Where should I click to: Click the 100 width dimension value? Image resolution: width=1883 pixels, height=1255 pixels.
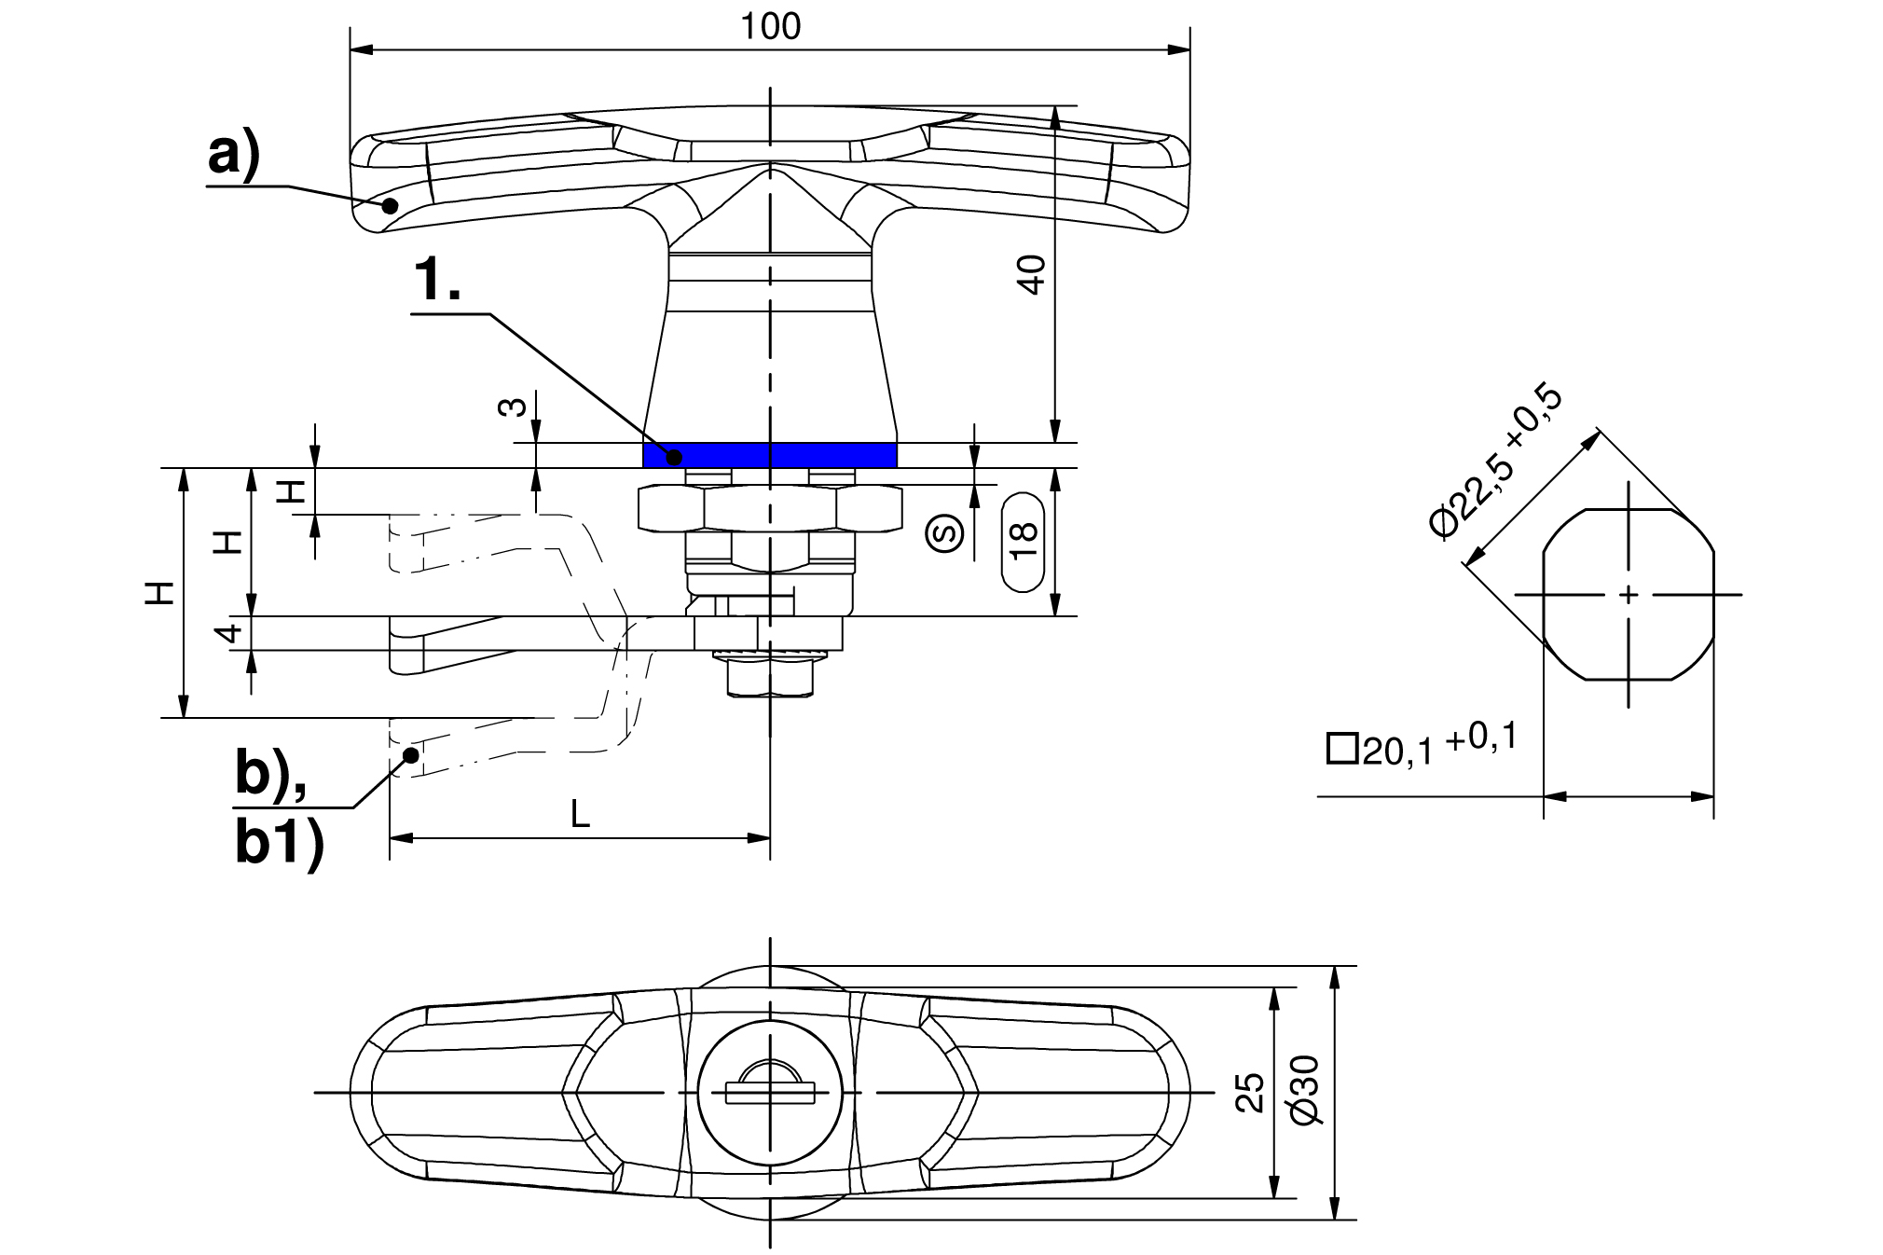[771, 27]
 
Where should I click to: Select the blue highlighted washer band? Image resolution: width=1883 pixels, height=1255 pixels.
[770, 455]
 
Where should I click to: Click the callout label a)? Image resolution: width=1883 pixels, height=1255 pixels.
[233, 155]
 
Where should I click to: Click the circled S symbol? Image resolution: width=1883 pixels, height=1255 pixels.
[945, 532]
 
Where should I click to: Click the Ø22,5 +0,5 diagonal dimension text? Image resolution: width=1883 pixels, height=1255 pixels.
[1495, 459]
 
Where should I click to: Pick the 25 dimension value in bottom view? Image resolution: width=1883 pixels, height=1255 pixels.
[1255, 1092]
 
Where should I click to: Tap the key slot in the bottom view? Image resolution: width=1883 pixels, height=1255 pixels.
[770, 1093]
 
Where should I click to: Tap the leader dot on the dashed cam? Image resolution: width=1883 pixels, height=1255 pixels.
[409, 753]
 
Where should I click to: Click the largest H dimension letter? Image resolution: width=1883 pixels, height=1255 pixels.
[161, 593]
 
